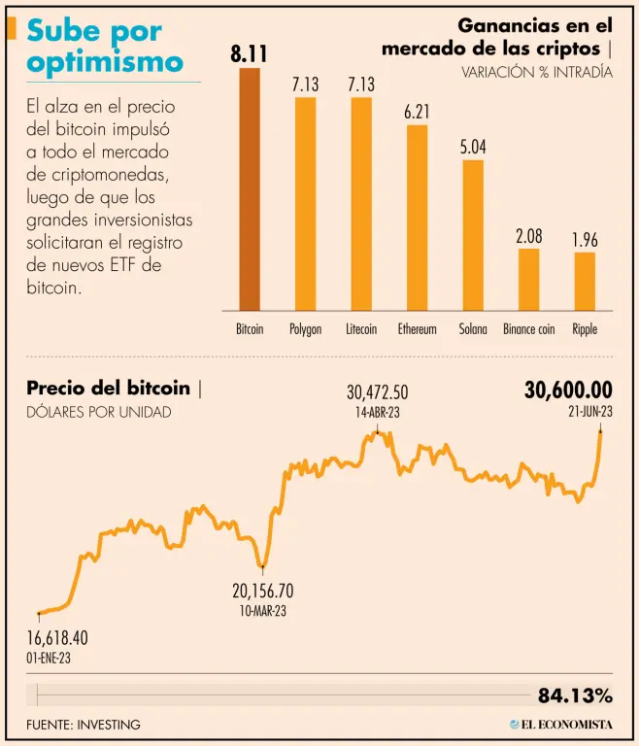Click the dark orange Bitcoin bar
tap(250, 189)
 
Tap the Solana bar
tap(473, 234)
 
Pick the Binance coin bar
tap(528, 279)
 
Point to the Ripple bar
tap(585, 281)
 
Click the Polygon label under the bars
tap(305, 329)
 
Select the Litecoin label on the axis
tap(361, 329)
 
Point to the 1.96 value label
tap(585, 240)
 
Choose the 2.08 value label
tap(529, 236)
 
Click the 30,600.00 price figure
tap(568, 390)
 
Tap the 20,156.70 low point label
tap(262, 591)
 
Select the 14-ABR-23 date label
tap(377, 412)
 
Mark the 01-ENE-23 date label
tap(49, 658)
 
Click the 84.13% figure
tap(575, 695)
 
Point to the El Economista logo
tap(561, 725)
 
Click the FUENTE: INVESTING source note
tap(84, 725)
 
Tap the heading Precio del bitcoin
tap(109, 389)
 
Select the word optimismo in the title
tap(106, 61)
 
